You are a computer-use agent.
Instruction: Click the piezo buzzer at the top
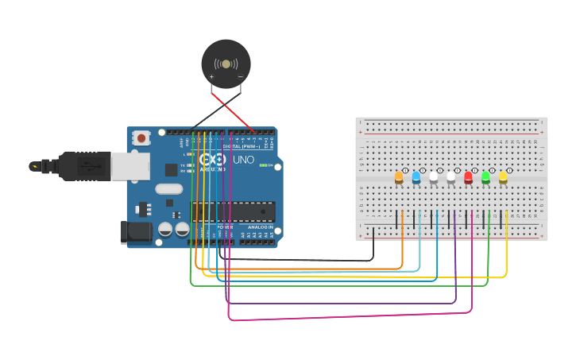[x=226, y=64]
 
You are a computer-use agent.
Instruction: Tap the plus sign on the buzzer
[x=211, y=77]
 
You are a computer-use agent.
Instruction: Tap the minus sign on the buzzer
[x=240, y=77]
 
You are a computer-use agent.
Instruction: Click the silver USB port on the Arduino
[x=130, y=165]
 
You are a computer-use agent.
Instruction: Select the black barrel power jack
[x=135, y=231]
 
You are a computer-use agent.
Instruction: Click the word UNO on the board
[x=242, y=160]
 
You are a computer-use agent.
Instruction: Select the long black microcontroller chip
[x=233, y=211]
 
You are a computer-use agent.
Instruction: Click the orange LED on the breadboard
[x=399, y=178]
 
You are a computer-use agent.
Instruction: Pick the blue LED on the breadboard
[x=416, y=178]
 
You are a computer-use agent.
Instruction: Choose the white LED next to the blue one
[x=434, y=178]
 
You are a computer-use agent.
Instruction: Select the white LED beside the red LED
[x=451, y=178]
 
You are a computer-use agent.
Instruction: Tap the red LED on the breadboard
[x=468, y=178]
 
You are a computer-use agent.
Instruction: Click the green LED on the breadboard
[x=485, y=178]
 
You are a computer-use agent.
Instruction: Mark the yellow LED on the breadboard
[x=503, y=178]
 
